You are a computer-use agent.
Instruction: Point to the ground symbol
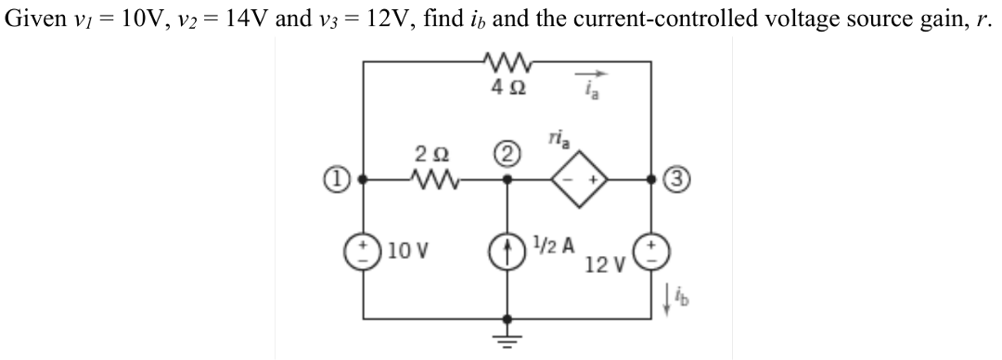[507, 336]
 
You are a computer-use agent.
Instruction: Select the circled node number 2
[507, 148]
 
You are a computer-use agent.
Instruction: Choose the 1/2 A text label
[555, 246]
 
